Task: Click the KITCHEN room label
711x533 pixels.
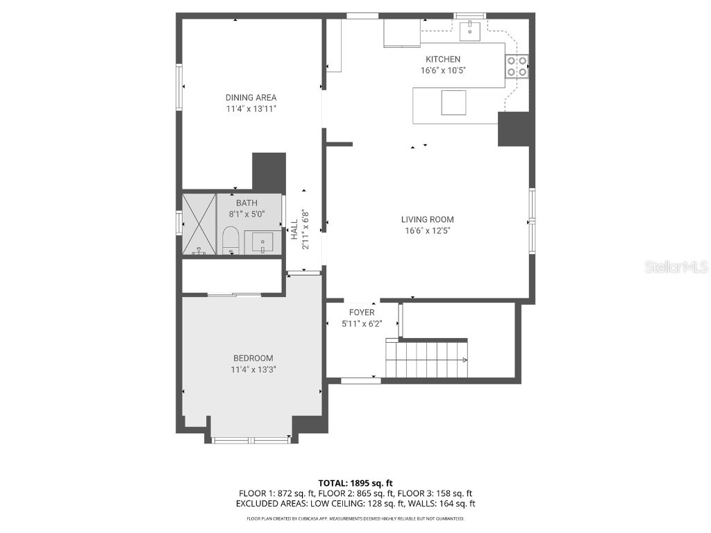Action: tap(442, 60)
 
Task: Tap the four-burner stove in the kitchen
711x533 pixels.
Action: tap(517, 66)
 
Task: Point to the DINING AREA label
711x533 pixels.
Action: tap(251, 98)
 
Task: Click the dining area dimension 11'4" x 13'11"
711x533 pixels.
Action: tap(251, 109)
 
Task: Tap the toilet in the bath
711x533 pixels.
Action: tap(231, 241)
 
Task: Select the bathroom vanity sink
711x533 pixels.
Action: tap(262, 243)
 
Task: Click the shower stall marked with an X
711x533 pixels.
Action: tap(199, 224)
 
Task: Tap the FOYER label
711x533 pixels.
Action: tap(362, 313)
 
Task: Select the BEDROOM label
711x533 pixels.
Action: tap(253, 358)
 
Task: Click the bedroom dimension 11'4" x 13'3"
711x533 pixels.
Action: tap(253, 369)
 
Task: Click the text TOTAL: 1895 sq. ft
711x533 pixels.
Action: tap(355, 483)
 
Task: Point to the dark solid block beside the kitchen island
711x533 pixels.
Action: tap(514, 129)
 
